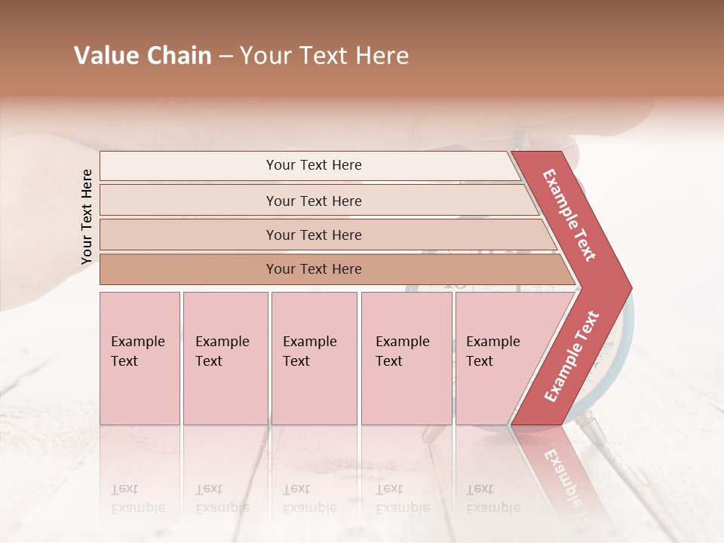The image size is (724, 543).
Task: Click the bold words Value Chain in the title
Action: tap(143, 56)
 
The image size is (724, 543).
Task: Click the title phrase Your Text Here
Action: tap(324, 56)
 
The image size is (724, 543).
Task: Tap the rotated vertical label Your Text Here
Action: tap(87, 216)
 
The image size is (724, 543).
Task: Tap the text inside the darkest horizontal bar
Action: tap(314, 269)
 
